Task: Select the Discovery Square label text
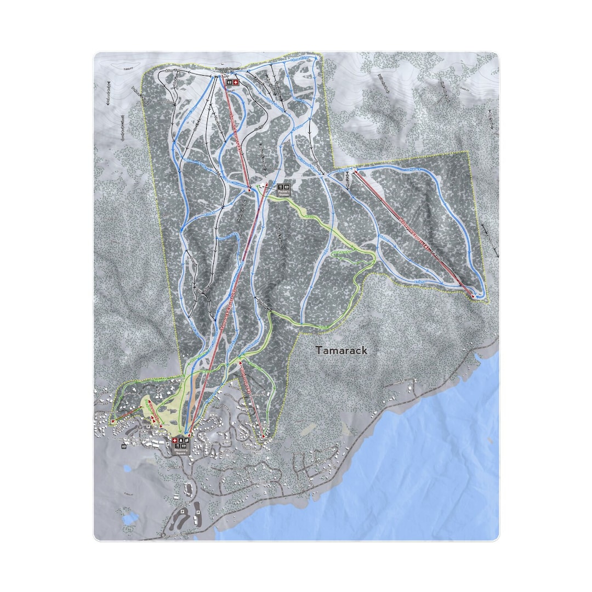tap(181, 453)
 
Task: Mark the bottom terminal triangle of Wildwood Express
tap(474, 295)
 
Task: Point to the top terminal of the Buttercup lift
tap(240, 362)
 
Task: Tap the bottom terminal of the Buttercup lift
tap(263, 436)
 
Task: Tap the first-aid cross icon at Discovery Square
tap(175, 440)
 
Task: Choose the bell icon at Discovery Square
tap(181, 440)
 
